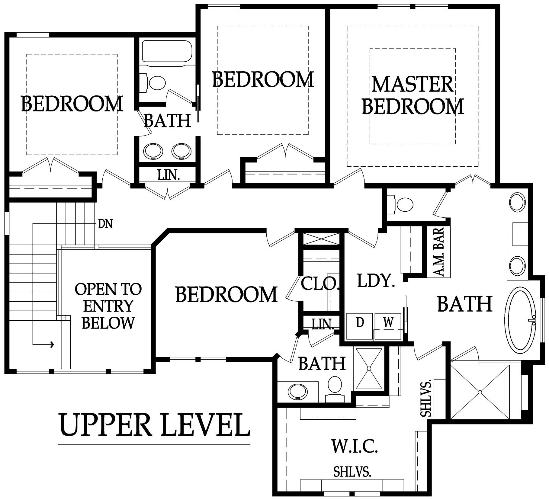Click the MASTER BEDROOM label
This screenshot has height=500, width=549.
pyautogui.click(x=413, y=95)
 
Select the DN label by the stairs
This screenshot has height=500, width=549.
pyautogui.click(x=105, y=224)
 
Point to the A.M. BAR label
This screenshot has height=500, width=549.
pyautogui.click(x=439, y=252)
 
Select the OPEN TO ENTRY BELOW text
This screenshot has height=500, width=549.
pyautogui.click(x=108, y=306)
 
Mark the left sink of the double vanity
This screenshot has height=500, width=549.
pyautogui.click(x=153, y=151)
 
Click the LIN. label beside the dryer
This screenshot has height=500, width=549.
pyautogui.click(x=323, y=324)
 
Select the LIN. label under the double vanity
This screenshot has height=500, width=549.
pyautogui.click(x=169, y=175)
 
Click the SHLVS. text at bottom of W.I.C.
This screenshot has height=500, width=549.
pyautogui.click(x=352, y=472)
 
